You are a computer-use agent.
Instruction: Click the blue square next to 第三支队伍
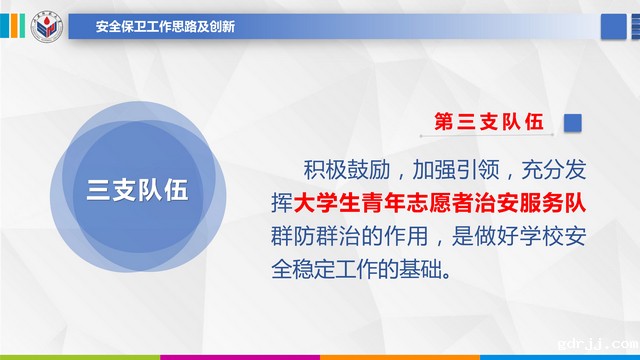[x=574, y=122]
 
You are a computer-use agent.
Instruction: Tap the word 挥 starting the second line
[x=281, y=202]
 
